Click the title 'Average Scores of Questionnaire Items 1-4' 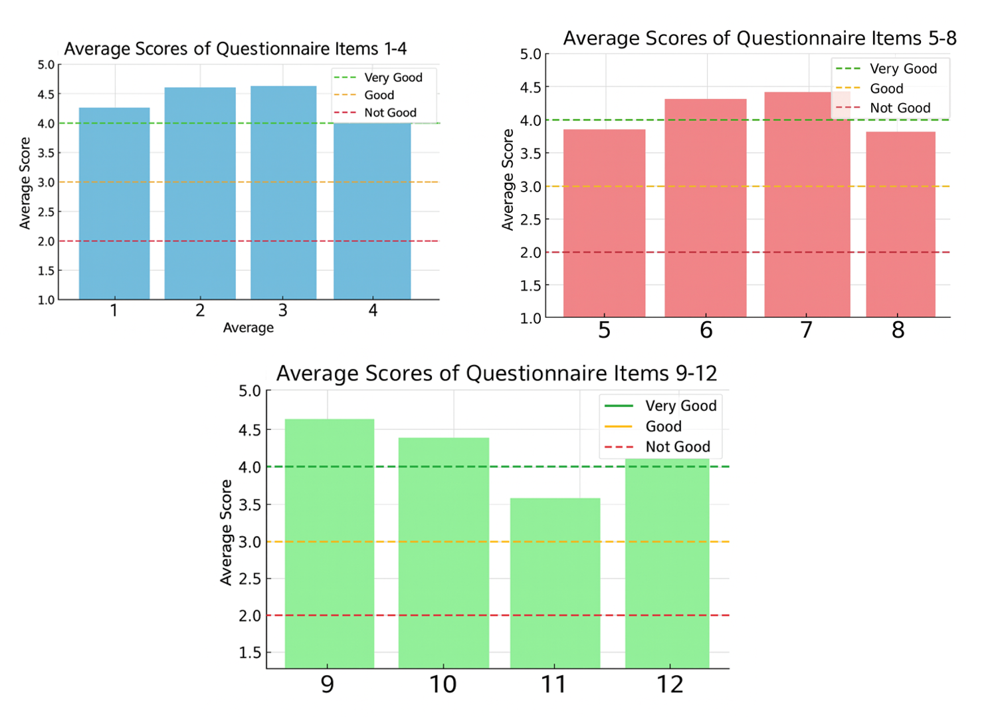click(x=235, y=49)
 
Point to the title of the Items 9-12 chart click(x=496, y=373)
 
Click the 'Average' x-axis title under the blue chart click(x=248, y=328)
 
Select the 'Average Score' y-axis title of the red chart click(x=508, y=180)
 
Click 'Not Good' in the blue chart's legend click(x=390, y=113)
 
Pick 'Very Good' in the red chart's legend click(x=903, y=69)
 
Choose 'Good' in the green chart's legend click(x=663, y=426)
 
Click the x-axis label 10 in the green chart click(x=443, y=684)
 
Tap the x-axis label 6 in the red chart click(x=706, y=330)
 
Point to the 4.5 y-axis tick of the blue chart click(x=46, y=94)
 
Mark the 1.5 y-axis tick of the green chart click(x=250, y=652)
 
